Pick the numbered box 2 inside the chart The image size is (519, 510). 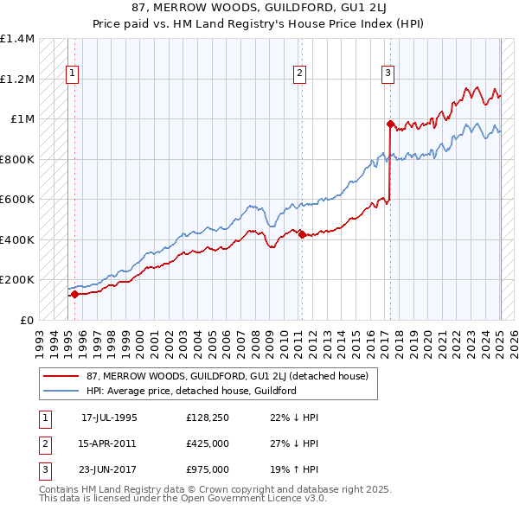click(299, 73)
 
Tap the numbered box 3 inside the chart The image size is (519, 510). click(388, 73)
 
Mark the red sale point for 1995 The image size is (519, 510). click(74, 294)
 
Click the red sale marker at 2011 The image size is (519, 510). click(302, 234)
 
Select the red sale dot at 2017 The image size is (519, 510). click(390, 124)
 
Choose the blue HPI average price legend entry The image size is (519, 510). click(191, 391)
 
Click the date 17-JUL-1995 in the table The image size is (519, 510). click(109, 418)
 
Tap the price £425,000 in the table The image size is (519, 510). click(207, 443)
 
